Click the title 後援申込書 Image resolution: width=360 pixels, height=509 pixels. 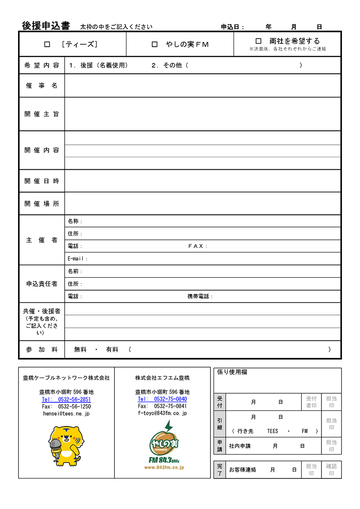coord(46,26)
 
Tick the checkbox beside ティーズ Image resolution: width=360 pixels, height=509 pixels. coord(47,44)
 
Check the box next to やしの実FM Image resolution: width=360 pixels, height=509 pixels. coord(155,44)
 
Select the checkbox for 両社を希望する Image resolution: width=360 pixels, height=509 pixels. coord(258,41)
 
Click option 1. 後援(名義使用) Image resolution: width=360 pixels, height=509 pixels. coord(98,65)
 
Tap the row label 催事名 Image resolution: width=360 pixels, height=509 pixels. coord(42,86)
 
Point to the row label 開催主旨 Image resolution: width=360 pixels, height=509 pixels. coord(42,114)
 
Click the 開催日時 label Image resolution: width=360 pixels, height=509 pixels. coord(42,181)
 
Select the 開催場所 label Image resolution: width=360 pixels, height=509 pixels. coord(42,204)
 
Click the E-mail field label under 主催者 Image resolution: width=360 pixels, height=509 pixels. coord(77,259)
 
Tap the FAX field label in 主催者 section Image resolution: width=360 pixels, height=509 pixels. coord(198,246)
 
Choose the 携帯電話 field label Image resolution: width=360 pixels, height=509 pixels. coord(200,296)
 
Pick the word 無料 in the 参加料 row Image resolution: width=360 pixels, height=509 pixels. coord(80,350)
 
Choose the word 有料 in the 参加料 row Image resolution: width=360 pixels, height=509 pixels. coord(112,350)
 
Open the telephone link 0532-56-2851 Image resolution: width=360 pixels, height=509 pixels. coord(66,399)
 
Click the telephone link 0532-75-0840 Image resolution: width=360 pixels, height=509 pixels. coord(162,399)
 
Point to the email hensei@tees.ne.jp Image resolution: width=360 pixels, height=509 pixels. coord(66,414)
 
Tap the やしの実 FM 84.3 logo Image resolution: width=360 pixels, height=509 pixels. coord(164,446)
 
